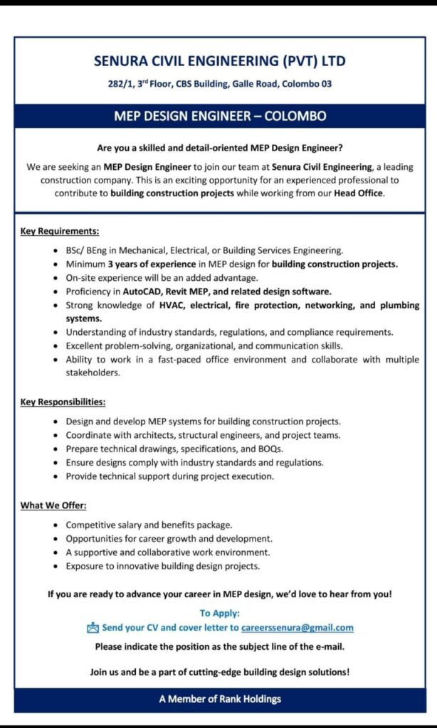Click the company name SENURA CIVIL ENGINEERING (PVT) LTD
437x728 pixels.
click(219, 61)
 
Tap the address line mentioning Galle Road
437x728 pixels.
click(219, 84)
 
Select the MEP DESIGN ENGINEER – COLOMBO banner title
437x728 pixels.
click(219, 116)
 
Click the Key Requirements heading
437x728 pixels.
click(59, 232)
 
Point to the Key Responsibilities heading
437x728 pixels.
click(63, 402)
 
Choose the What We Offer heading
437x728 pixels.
click(53, 505)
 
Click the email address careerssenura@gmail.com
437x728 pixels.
click(298, 628)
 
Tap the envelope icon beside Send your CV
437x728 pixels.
click(93, 628)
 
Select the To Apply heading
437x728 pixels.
click(219, 613)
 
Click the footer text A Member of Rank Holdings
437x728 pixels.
click(219, 699)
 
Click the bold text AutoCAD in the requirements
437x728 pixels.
click(142, 291)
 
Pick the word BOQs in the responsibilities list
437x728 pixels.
click(269, 448)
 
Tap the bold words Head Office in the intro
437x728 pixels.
click(359, 193)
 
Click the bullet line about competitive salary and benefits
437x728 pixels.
click(149, 525)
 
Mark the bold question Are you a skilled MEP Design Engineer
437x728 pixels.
click(219, 149)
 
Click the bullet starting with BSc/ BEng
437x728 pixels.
click(204, 250)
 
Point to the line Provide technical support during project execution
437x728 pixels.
click(169, 476)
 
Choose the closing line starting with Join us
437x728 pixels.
click(219, 672)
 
